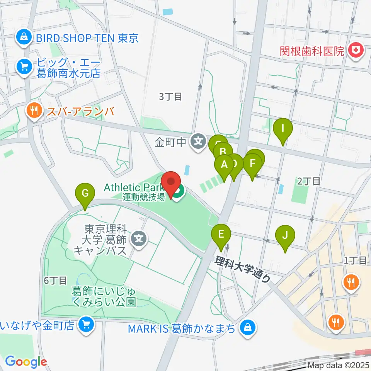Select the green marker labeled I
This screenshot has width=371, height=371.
click(283, 129)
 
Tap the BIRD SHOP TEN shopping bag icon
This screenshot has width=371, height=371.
click(24, 38)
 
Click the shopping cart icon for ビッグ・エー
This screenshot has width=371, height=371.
click(24, 66)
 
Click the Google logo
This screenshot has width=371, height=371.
click(26, 362)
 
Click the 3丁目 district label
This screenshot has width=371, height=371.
click(170, 97)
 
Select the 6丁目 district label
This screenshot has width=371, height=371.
click(56, 281)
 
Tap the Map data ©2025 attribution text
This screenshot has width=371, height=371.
click(338, 365)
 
